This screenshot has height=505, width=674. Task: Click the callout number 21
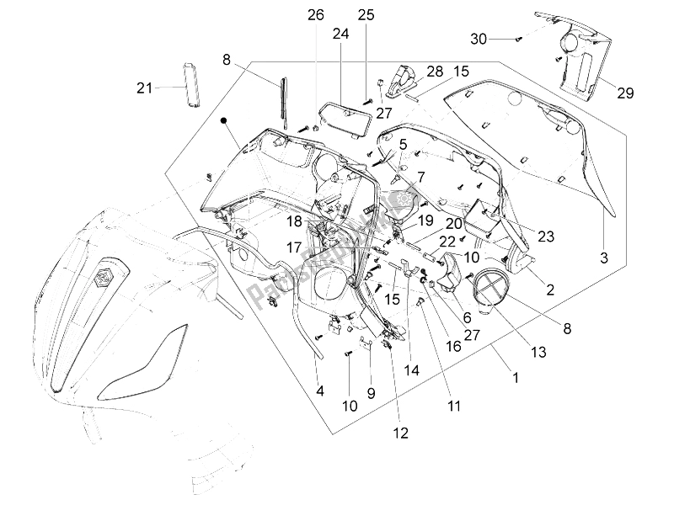(145, 87)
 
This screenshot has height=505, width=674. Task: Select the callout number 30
(478, 39)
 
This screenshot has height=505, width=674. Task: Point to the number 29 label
(625, 93)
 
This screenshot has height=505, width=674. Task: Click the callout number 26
(315, 15)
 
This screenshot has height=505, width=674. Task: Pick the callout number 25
(366, 15)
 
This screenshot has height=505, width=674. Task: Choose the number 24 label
(340, 35)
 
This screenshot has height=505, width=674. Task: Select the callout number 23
(545, 237)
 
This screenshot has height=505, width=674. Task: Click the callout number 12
(400, 433)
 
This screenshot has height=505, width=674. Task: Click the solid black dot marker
(224, 120)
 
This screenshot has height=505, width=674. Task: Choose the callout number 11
(454, 407)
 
